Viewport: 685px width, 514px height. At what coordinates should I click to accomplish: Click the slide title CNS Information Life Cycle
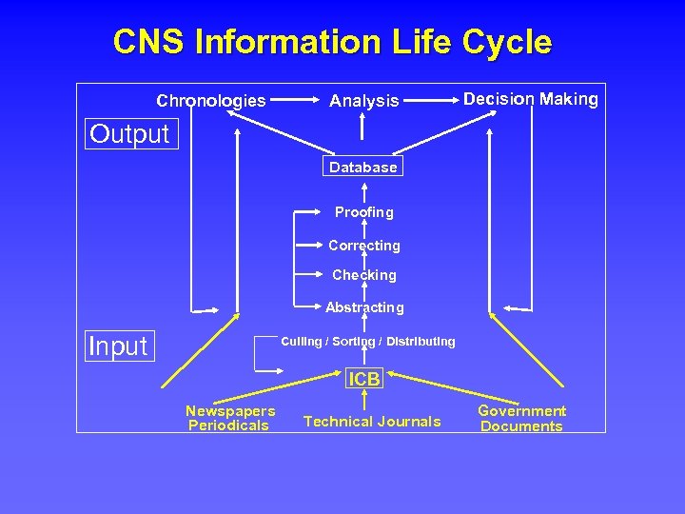pyautogui.click(x=332, y=42)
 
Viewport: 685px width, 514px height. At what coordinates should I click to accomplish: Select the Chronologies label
pyautogui.click(x=211, y=100)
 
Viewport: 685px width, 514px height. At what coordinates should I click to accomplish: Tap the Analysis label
pyautogui.click(x=364, y=100)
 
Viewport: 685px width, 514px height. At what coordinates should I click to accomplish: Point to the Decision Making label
pyautogui.click(x=531, y=99)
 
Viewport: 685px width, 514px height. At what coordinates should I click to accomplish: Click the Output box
pyautogui.click(x=129, y=133)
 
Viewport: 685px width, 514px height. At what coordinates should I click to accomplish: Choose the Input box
pyautogui.click(x=118, y=346)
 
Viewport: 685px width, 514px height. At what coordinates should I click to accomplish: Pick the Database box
pyautogui.click(x=362, y=168)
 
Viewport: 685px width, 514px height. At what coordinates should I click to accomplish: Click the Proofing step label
pyautogui.click(x=363, y=212)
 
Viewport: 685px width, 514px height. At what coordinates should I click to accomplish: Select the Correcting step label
pyautogui.click(x=364, y=246)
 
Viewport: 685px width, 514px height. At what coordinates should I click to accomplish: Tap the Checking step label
pyautogui.click(x=364, y=275)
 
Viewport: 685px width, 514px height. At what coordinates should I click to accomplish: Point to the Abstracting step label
pyautogui.click(x=364, y=307)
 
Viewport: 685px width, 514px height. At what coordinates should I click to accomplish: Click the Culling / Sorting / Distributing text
pyautogui.click(x=368, y=341)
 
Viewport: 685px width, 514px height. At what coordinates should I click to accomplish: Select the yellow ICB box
pyautogui.click(x=364, y=379)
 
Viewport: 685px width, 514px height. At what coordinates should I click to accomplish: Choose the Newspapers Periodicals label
pyautogui.click(x=230, y=418)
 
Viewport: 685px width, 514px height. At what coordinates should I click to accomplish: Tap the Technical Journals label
pyautogui.click(x=372, y=421)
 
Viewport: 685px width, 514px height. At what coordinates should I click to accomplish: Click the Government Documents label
pyautogui.click(x=521, y=418)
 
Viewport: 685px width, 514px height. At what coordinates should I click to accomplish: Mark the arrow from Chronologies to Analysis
pyautogui.click(x=297, y=99)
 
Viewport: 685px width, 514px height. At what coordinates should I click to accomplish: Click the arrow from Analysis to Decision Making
pyautogui.click(x=431, y=99)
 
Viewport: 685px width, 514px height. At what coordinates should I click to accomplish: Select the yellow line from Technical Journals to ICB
pyautogui.click(x=364, y=400)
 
